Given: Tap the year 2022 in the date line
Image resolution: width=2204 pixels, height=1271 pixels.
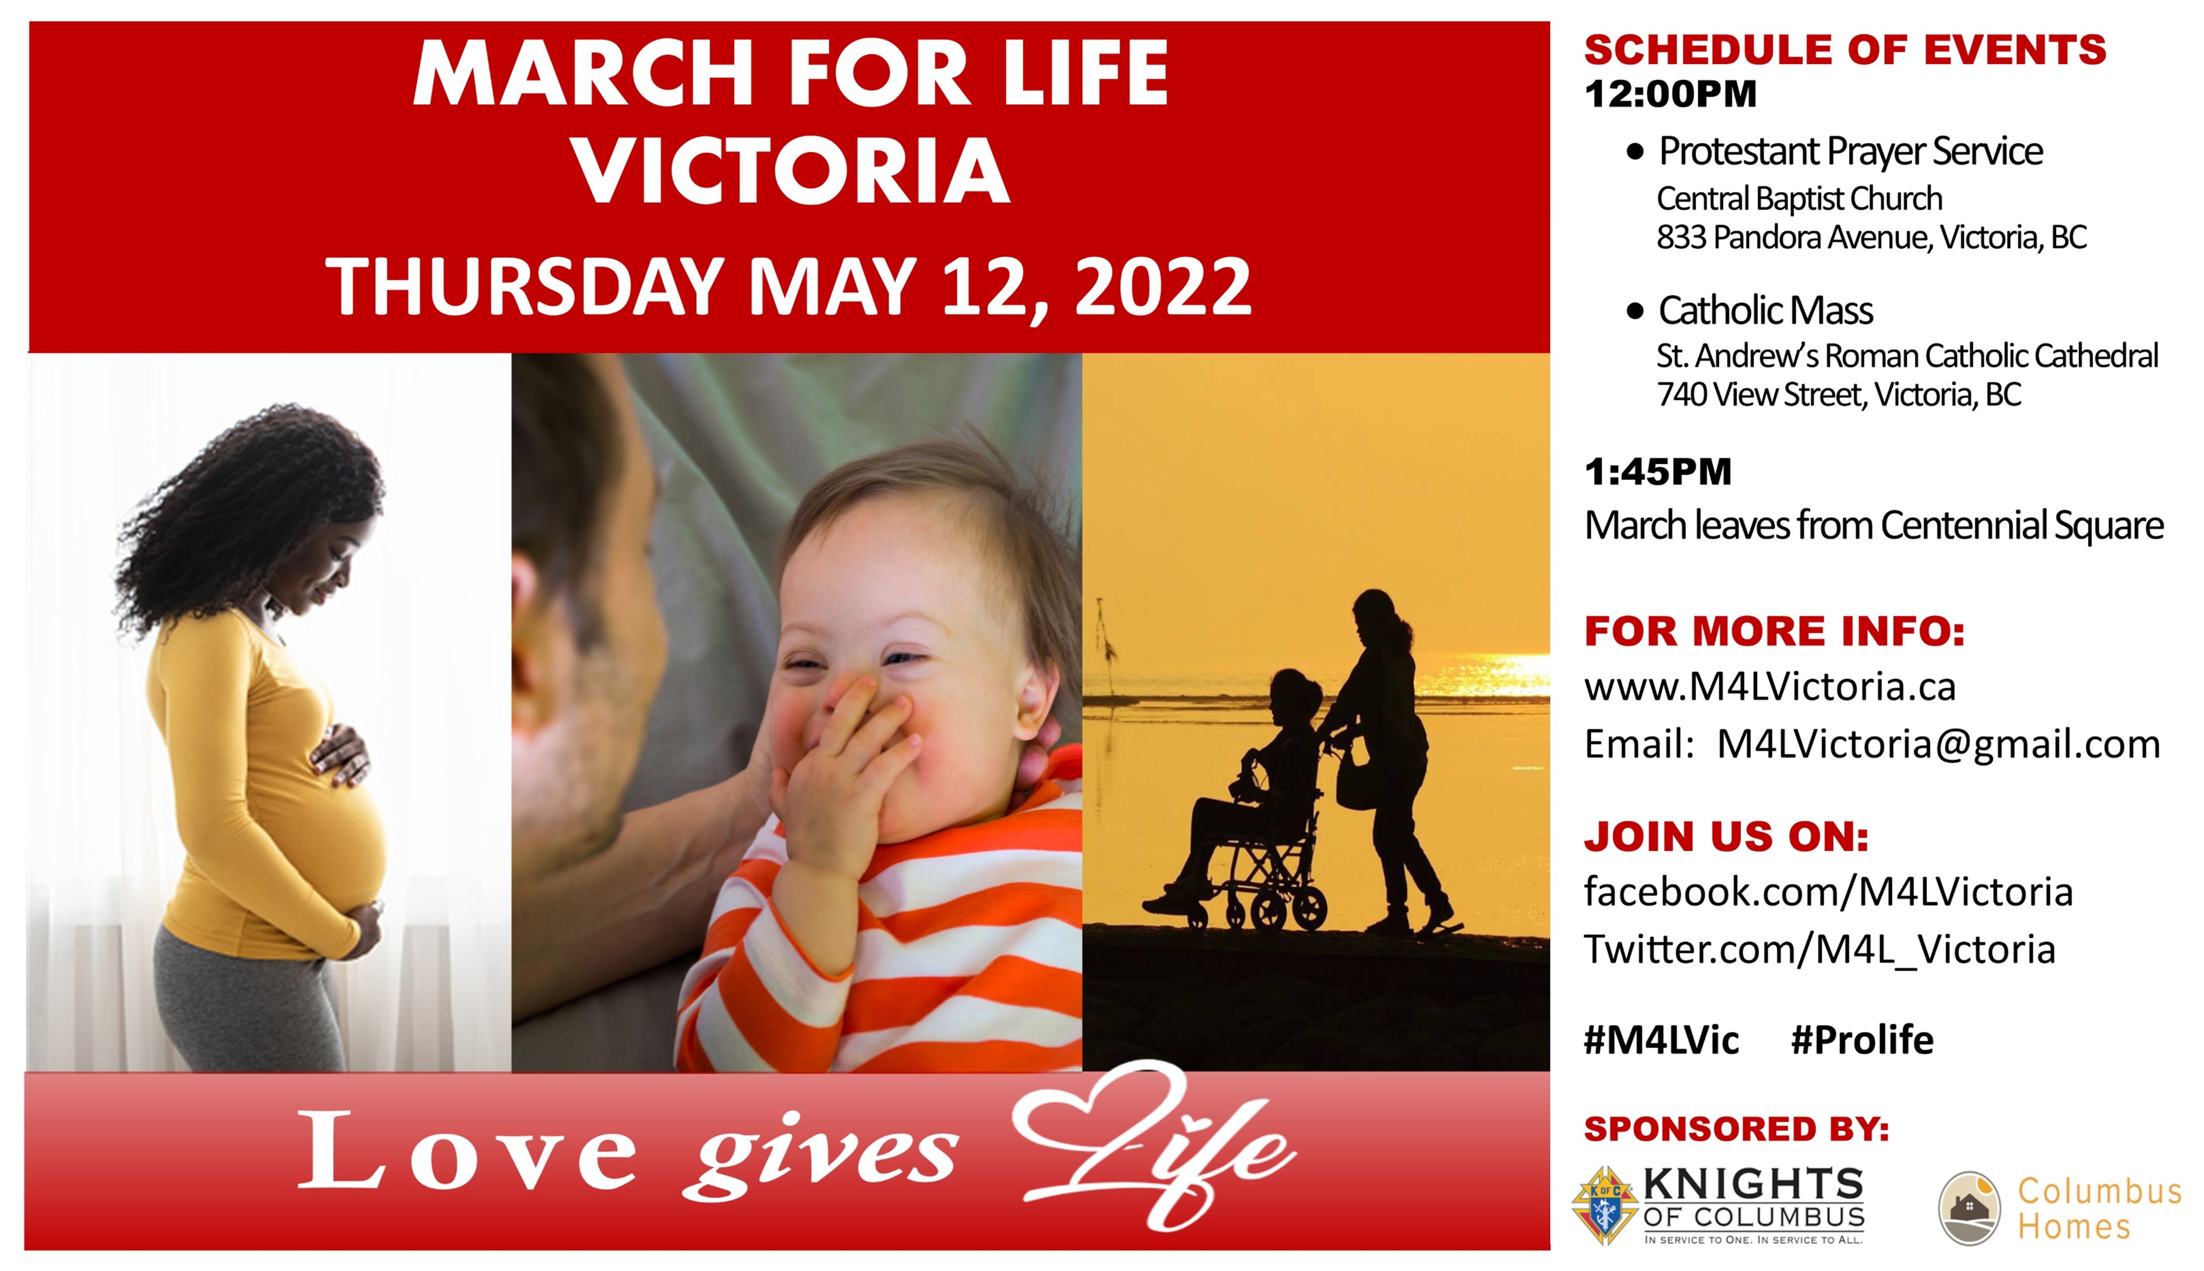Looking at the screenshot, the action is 1163,286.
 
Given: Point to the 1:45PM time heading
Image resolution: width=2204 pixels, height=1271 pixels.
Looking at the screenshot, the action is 1658,472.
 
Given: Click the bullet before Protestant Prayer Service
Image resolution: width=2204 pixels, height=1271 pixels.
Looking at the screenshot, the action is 1635,153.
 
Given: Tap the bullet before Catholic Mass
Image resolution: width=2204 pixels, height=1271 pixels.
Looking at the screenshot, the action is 1635,311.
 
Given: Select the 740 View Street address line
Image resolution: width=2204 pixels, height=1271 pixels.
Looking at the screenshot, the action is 1839,395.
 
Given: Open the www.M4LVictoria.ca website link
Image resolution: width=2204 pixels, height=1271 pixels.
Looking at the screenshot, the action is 1769,687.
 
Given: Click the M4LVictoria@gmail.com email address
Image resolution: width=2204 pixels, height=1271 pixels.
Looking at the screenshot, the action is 1938,744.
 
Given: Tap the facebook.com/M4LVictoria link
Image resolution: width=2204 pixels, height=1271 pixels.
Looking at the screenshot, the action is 1828,892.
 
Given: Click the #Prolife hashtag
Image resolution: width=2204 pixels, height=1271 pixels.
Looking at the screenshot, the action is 1862,1040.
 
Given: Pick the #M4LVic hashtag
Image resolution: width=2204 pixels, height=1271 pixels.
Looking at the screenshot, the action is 1661,1040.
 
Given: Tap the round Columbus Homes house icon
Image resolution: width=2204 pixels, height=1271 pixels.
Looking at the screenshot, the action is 1969,1208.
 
